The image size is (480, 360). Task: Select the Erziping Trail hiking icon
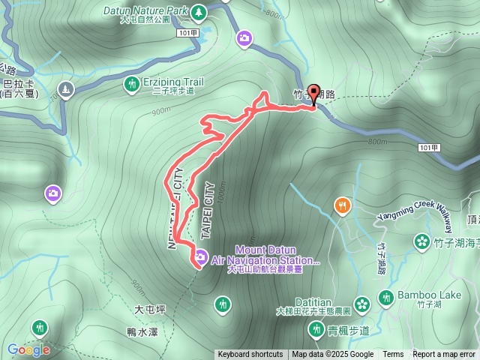pos(132,85)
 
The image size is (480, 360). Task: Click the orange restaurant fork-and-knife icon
pos(343,205)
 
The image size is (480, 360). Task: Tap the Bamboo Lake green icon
pos(386,298)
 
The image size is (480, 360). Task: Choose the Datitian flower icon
pos(363,304)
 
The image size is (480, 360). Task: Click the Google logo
pos(28,349)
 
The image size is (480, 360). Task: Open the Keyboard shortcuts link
pos(250,355)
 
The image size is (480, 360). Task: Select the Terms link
pos(393,355)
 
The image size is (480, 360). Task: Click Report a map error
pos(444,355)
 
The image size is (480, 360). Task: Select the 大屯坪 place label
pos(149,308)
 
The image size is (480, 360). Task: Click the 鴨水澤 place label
pos(142,331)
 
